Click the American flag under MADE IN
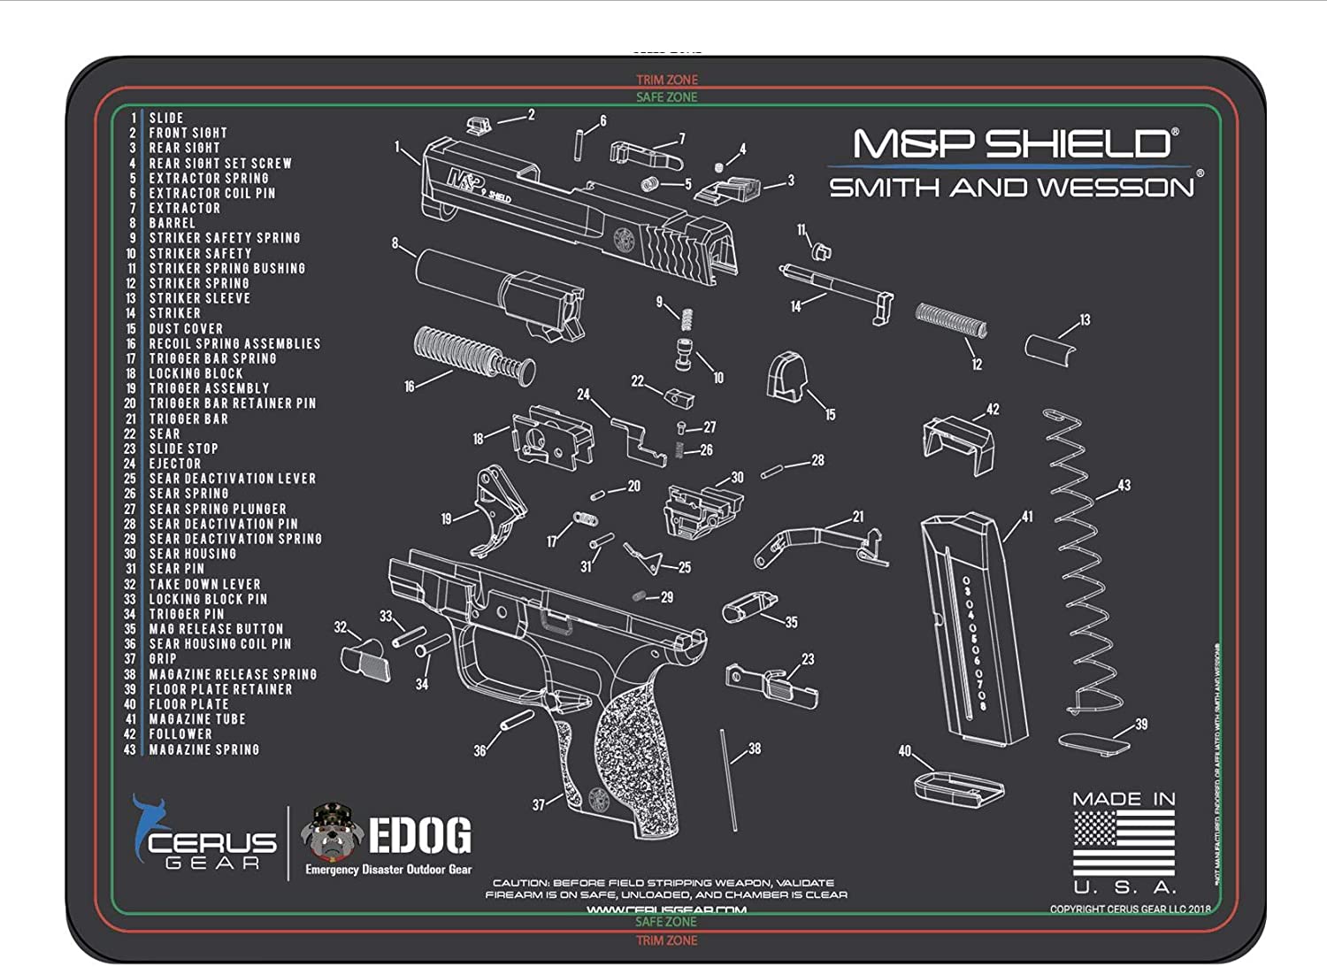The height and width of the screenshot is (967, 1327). [1124, 843]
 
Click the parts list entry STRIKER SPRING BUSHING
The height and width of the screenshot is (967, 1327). [226, 268]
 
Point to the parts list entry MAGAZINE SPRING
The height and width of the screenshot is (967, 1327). [203, 749]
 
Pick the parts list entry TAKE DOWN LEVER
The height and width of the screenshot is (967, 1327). [204, 584]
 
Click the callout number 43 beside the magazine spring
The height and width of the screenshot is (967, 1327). [1124, 485]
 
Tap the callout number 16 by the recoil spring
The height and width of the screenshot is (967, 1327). [409, 387]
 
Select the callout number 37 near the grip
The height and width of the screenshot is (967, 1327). [538, 805]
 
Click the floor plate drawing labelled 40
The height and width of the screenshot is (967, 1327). [959, 787]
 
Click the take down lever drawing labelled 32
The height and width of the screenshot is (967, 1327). [365, 659]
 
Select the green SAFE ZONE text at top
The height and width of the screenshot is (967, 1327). [666, 97]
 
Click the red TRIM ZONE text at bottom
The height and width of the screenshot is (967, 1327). [666, 940]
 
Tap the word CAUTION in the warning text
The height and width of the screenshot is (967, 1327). [519, 882]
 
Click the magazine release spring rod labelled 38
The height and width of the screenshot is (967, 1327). [729, 779]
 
